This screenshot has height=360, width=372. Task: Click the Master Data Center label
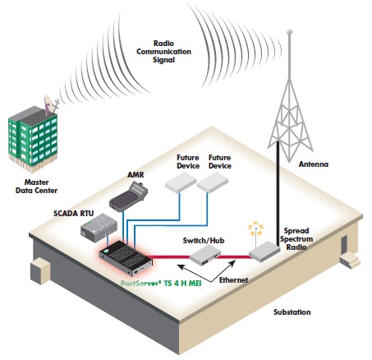(36, 187)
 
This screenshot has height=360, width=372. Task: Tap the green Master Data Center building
(33, 139)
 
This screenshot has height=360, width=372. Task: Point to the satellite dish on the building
(48, 104)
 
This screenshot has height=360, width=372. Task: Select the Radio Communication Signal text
(163, 52)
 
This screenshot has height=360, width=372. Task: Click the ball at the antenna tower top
(289, 32)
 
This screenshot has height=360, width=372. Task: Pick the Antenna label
(314, 164)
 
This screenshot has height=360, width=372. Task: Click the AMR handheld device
(128, 197)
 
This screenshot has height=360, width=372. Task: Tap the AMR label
(135, 174)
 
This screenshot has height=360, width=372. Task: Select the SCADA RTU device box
(99, 228)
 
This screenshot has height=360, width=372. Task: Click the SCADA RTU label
(73, 214)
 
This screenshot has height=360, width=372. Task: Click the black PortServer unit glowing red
(126, 258)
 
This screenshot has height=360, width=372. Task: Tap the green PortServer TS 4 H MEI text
(161, 284)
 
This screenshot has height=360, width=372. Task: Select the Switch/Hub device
(205, 255)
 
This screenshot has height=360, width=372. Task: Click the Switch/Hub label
(204, 241)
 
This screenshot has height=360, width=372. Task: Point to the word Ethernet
(233, 280)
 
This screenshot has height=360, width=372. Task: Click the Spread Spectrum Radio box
(264, 252)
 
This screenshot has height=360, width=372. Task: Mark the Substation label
(292, 312)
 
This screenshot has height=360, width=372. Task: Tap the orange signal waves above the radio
(255, 228)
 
